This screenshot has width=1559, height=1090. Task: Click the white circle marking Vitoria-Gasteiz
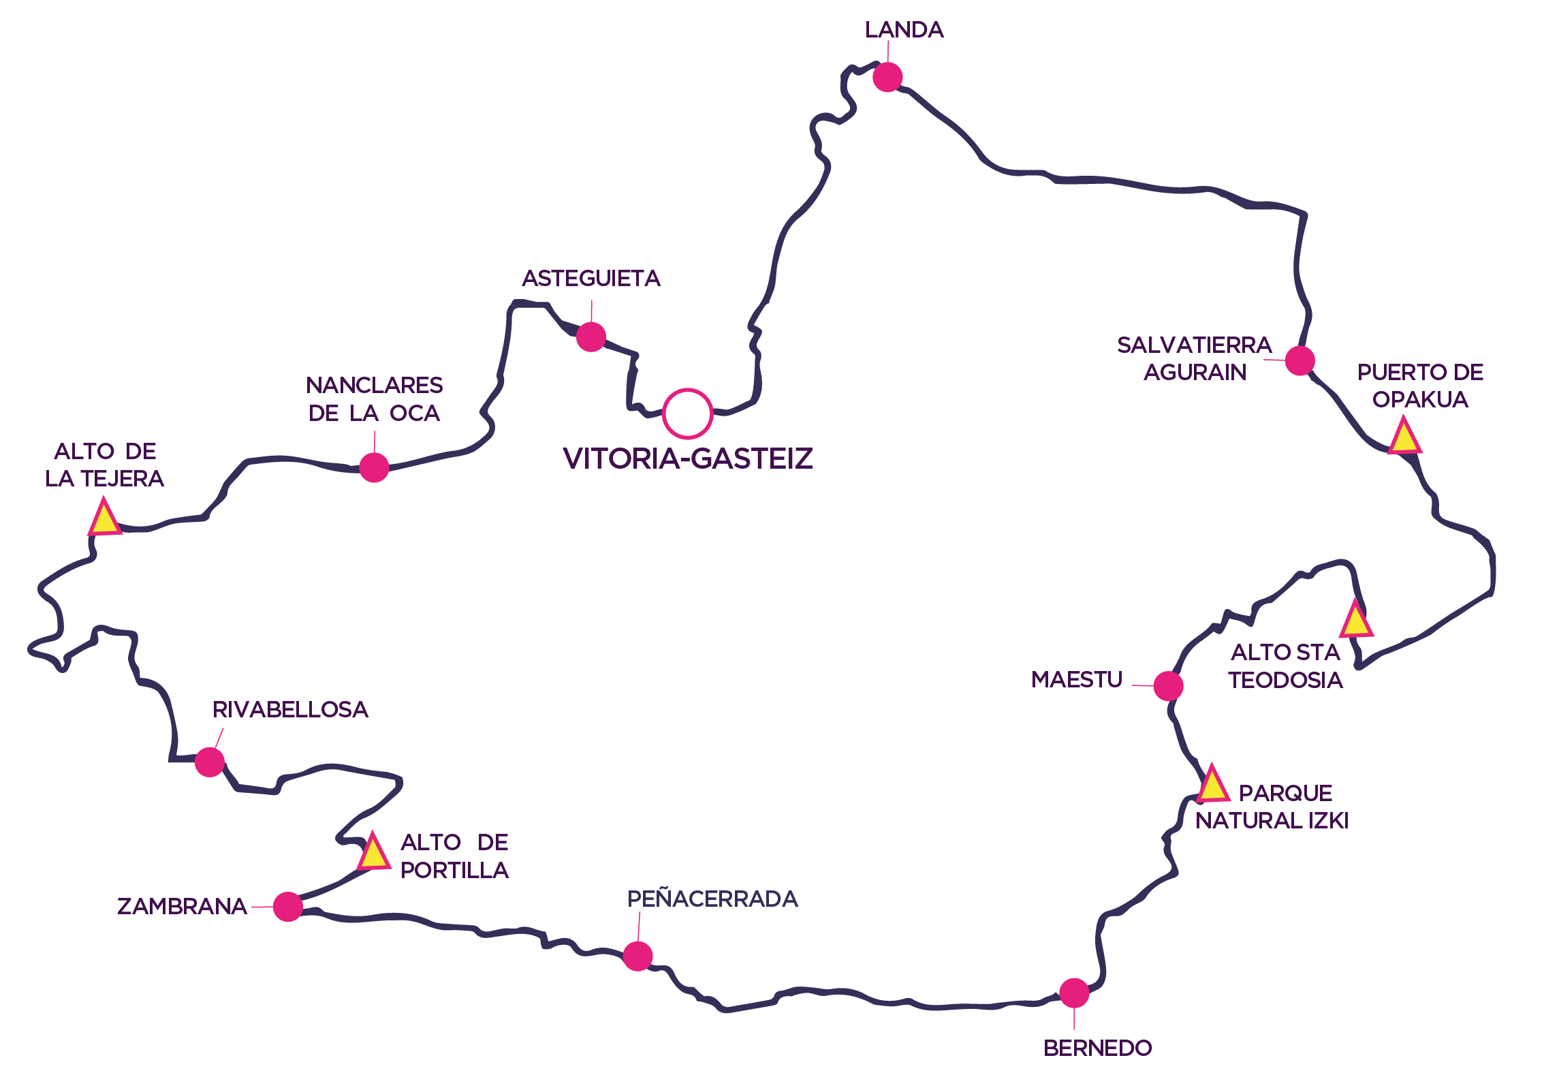tap(687, 414)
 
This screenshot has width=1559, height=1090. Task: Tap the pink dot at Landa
tap(887, 77)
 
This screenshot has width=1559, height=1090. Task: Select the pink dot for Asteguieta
tap(590, 337)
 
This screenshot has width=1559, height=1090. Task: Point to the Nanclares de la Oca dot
tap(374, 467)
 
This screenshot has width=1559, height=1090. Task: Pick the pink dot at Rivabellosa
tap(209, 762)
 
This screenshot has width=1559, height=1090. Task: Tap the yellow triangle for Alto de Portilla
tap(373, 853)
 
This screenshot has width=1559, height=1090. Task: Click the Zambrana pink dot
tap(287, 907)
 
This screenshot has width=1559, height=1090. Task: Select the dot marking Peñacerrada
tap(637, 956)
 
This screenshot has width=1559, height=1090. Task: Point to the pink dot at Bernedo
tap(1074, 993)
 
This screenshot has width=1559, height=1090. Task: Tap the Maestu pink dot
tap(1168, 685)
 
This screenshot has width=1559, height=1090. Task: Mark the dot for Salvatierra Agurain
tap(1300, 360)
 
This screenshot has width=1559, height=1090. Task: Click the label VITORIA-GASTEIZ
tap(688, 458)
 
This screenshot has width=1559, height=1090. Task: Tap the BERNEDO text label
tap(1097, 1048)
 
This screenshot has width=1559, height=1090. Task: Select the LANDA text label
tap(904, 30)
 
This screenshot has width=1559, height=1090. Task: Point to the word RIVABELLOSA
tap(290, 710)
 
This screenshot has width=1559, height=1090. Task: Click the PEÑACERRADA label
tap(712, 899)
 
